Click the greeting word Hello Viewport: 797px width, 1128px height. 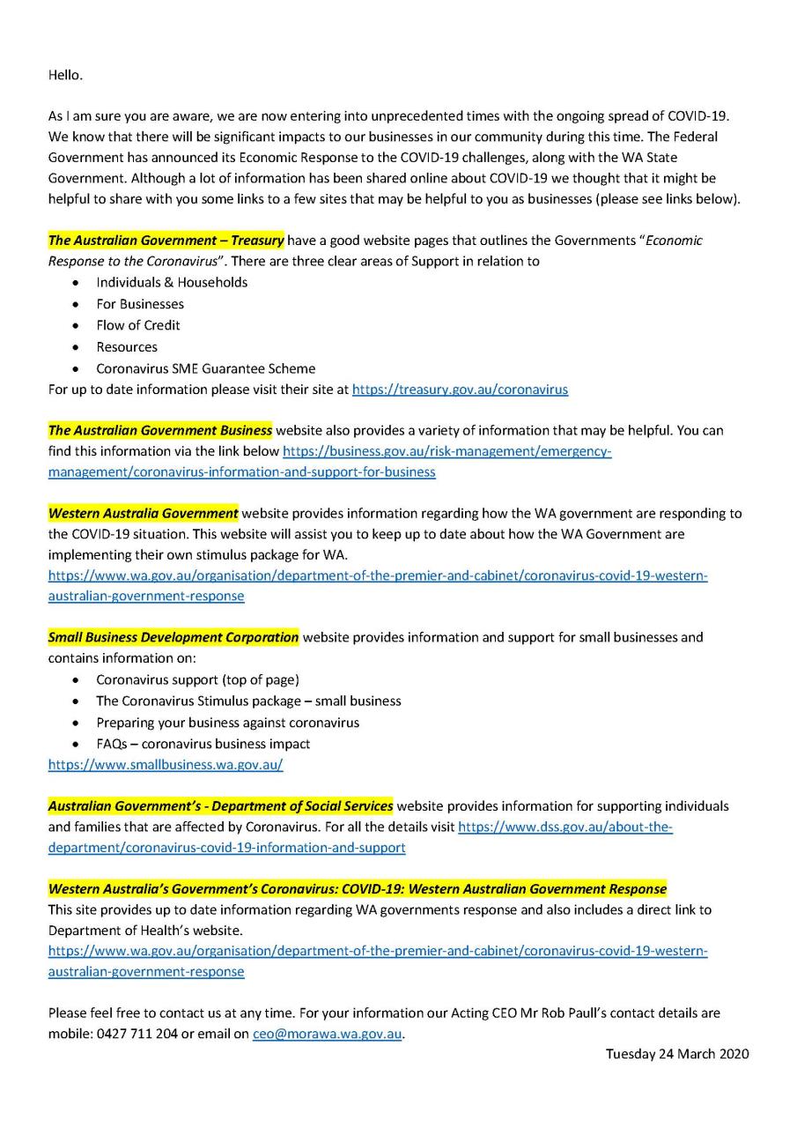[65, 75]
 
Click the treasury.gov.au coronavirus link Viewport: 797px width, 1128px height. [460, 390]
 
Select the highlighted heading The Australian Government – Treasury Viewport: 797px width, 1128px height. [166, 240]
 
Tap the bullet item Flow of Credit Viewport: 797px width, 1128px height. [137, 325]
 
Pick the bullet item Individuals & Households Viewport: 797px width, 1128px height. [172, 282]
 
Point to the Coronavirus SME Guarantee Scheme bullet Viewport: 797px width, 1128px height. [205, 368]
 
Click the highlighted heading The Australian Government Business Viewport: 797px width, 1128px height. [159, 431]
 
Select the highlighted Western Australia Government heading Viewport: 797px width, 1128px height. [143, 513]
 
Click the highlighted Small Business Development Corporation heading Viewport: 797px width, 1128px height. [173, 637]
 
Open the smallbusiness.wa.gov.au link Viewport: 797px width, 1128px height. [166, 765]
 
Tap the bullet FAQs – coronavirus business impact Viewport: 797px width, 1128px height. [203, 744]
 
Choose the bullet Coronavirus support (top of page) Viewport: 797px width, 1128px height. [197, 679]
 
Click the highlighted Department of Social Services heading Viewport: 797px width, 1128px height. [220, 806]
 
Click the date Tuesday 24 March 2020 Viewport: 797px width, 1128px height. [676, 1054]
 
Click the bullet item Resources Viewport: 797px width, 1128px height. [127, 346]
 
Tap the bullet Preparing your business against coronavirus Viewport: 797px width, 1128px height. [227, 723]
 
